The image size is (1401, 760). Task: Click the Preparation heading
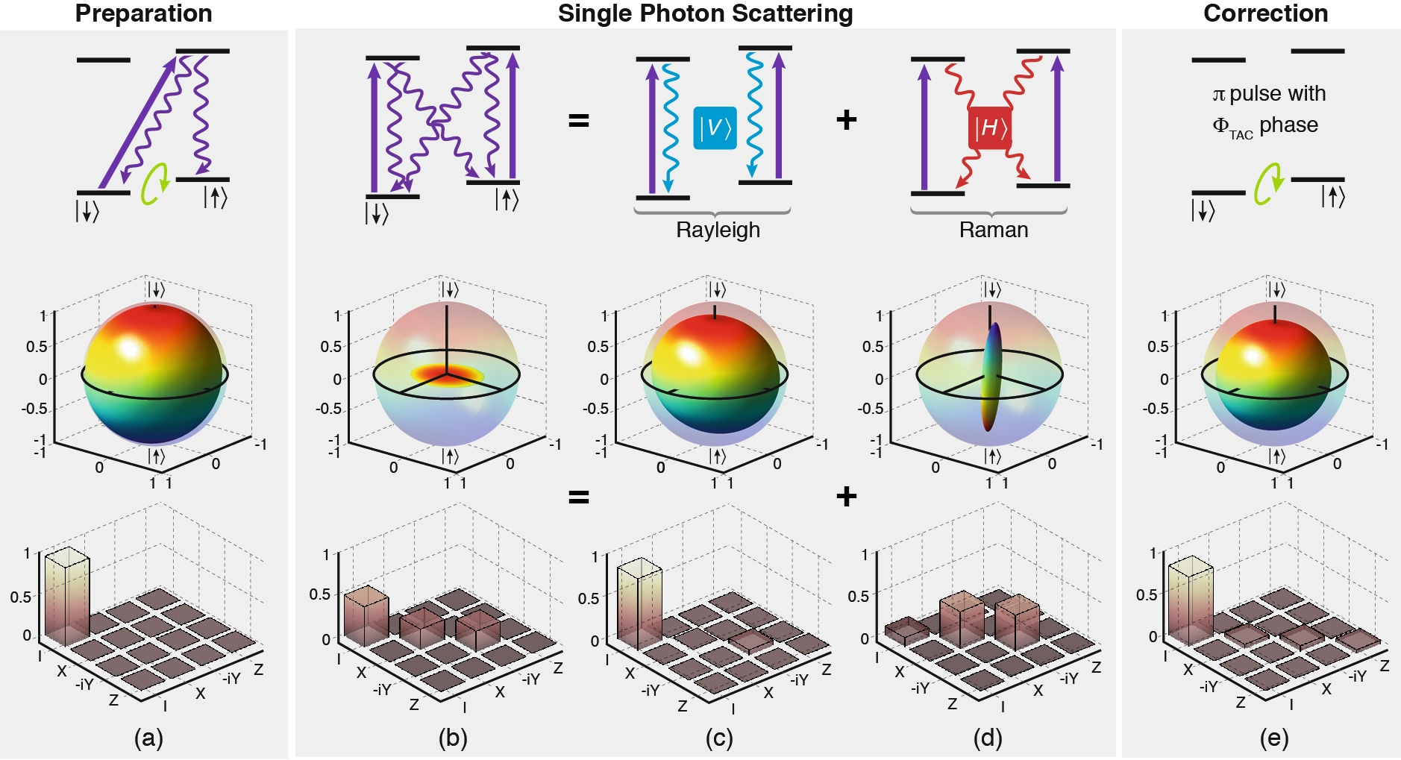pyautogui.click(x=143, y=13)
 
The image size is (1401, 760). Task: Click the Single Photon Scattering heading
pyautogui.click(x=705, y=13)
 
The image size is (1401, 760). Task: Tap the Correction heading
pyautogui.click(x=1265, y=13)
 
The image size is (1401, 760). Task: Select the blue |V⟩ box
pyautogui.click(x=715, y=128)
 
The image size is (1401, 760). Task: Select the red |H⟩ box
pyautogui.click(x=990, y=128)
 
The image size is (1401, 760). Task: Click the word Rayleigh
pyautogui.click(x=718, y=230)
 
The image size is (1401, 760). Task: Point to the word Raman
pyautogui.click(x=993, y=230)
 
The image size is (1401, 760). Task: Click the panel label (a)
pyautogui.click(x=148, y=738)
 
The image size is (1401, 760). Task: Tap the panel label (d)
pyautogui.click(x=988, y=738)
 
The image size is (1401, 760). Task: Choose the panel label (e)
pyautogui.click(x=1274, y=738)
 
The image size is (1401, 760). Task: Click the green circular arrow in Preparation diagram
pyautogui.click(x=156, y=183)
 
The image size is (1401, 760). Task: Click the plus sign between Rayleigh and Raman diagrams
pyautogui.click(x=846, y=119)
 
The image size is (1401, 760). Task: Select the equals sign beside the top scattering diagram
pyautogui.click(x=579, y=120)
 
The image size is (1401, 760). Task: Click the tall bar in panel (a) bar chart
pyautogui.click(x=67, y=597)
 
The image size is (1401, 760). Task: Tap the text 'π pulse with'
pyautogui.click(x=1269, y=94)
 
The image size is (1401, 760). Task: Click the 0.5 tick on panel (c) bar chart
pyautogui.click(x=589, y=598)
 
